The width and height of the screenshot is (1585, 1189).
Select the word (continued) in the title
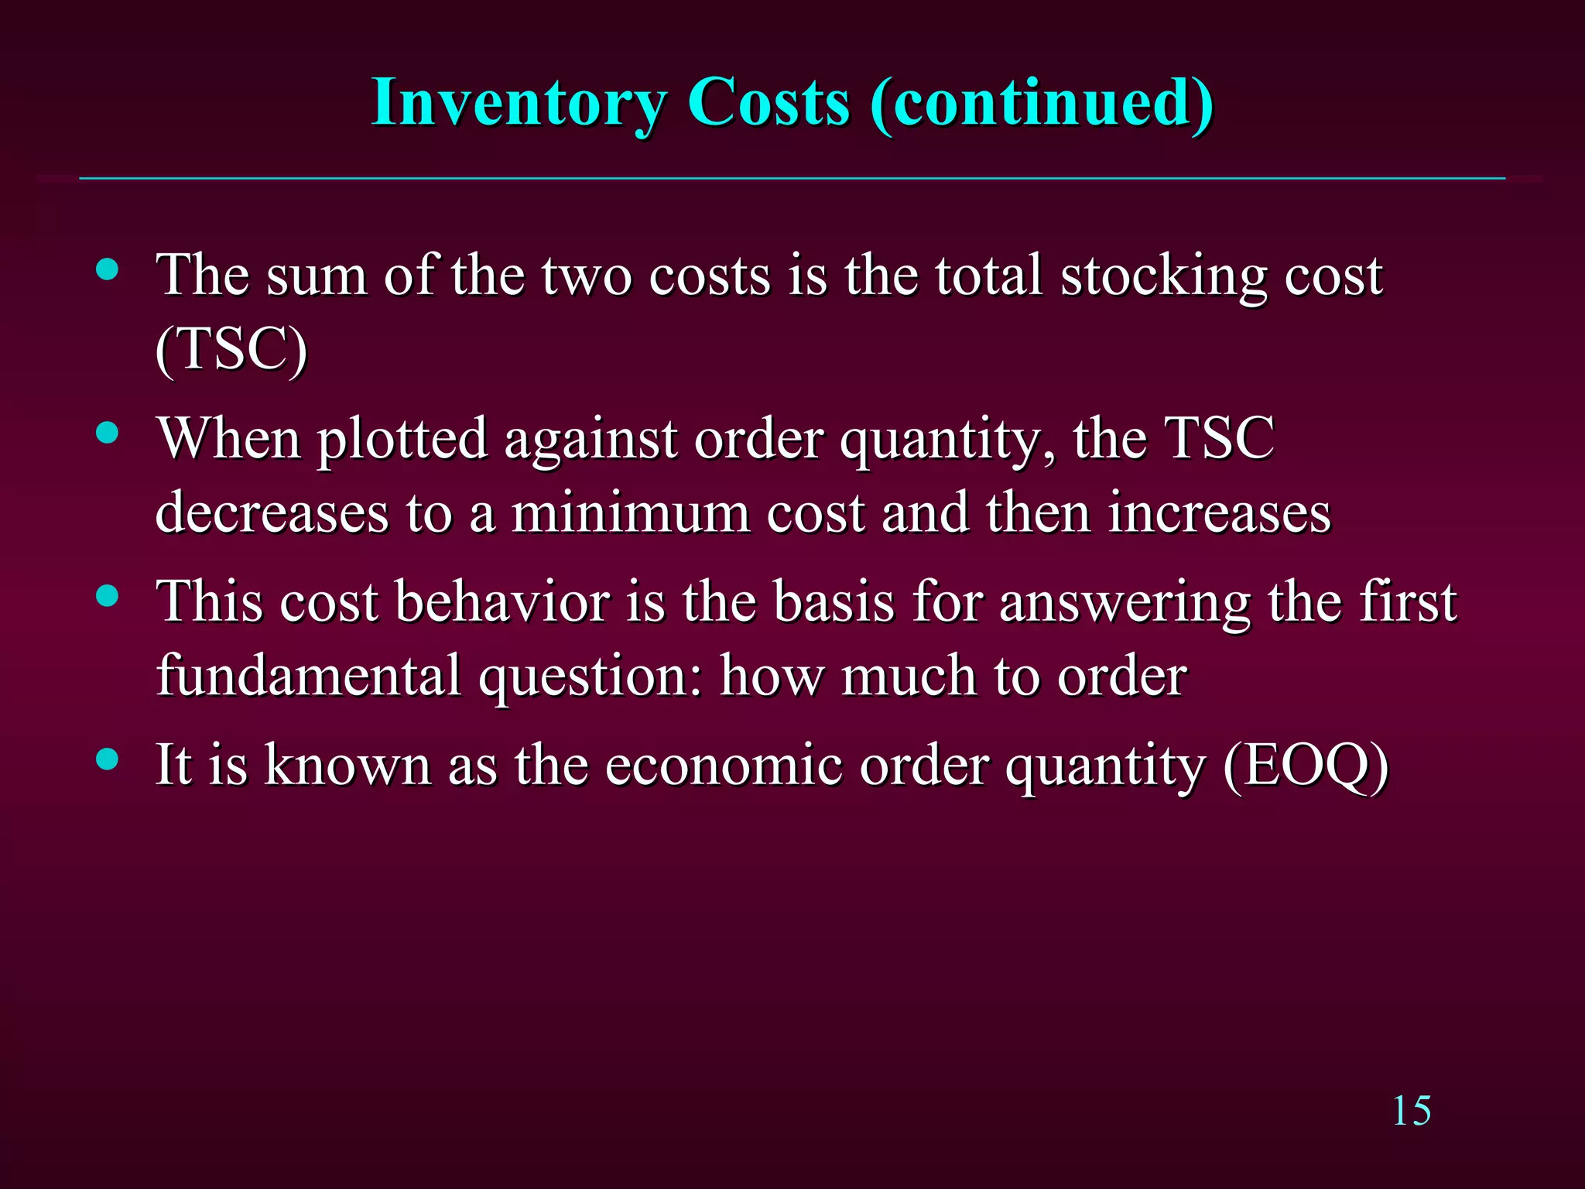(1041, 103)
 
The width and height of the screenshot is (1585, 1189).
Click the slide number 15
(1411, 1112)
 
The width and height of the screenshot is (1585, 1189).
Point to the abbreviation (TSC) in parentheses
(231, 350)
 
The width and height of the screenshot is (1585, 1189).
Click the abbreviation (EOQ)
(1306, 766)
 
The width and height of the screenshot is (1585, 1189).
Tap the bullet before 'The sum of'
(108, 269)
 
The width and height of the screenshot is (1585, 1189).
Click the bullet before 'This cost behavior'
(108, 595)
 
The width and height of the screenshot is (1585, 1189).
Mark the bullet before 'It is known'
(108, 759)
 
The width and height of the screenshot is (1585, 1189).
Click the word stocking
(1163, 276)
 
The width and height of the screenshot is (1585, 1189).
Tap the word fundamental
(308, 676)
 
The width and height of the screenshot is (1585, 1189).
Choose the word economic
(724, 766)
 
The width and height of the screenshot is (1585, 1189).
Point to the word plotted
(402, 440)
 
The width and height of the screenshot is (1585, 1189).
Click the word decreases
(272, 513)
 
